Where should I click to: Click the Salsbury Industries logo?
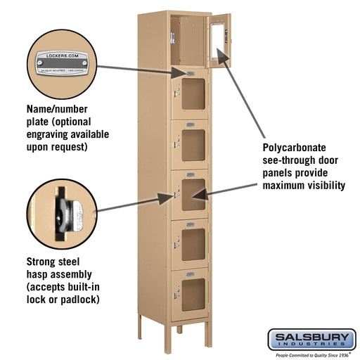[311, 340]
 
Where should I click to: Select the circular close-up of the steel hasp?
[60, 210]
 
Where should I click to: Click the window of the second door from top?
[192, 95]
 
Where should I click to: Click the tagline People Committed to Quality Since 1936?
[311, 355]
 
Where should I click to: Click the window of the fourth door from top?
[192, 192]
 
